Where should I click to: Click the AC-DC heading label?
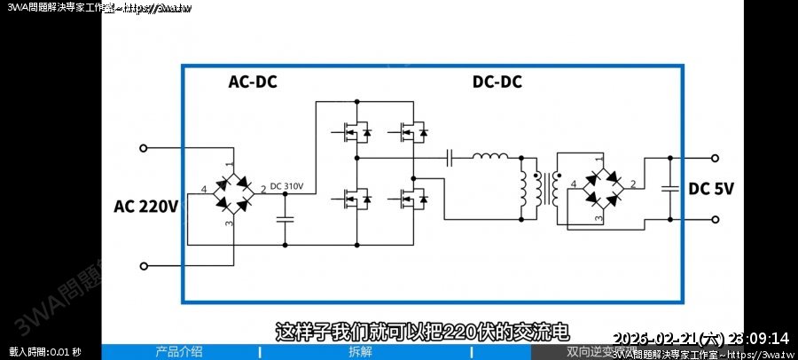click(253, 82)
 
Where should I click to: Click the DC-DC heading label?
click(497, 82)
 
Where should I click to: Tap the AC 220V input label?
click(146, 207)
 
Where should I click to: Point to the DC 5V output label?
click(711, 188)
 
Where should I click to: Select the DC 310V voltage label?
click(286, 186)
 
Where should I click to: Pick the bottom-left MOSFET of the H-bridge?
click(355, 199)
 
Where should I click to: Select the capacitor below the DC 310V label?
click(286, 218)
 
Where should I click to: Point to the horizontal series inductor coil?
click(489, 158)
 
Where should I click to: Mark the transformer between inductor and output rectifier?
click(546, 187)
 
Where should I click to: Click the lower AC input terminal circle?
click(144, 264)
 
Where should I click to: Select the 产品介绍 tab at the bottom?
click(179, 351)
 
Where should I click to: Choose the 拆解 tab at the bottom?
click(360, 351)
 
